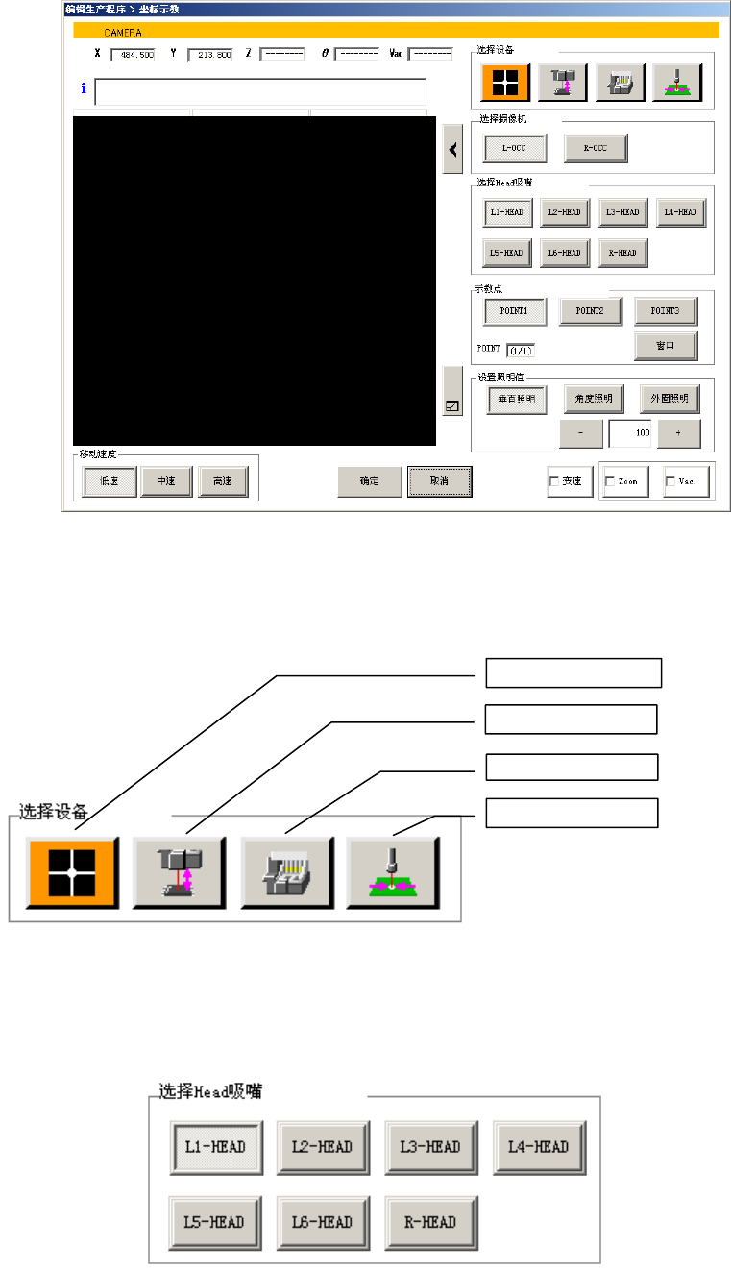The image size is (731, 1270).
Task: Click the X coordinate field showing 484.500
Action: pos(132,55)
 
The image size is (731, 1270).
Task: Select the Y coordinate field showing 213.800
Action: pos(209,55)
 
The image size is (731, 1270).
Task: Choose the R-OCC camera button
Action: pos(595,148)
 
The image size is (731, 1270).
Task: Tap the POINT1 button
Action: pos(515,311)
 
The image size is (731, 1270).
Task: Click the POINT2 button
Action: pos(591,311)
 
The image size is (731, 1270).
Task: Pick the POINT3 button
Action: pos(666,311)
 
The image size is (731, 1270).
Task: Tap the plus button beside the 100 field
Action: pos(678,433)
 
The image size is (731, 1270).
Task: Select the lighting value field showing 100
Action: pos(629,433)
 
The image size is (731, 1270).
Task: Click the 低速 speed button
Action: pos(108,481)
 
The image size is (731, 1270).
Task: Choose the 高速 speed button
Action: pos(222,481)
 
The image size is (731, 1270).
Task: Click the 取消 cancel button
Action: pos(439,480)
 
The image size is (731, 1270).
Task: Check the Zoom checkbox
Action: pos(610,481)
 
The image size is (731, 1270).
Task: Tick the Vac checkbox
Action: pos(670,481)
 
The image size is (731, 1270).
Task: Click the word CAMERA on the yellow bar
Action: pos(123,32)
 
